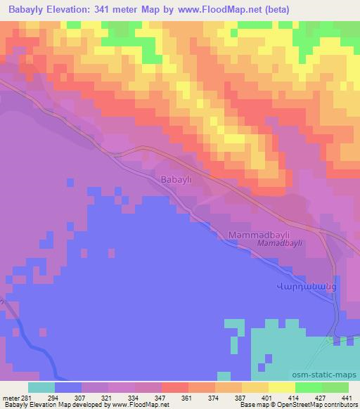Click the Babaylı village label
tap(176, 179)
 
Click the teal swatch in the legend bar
tap(41, 387)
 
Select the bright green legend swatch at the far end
tap(335, 387)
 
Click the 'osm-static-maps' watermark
tap(330, 375)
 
